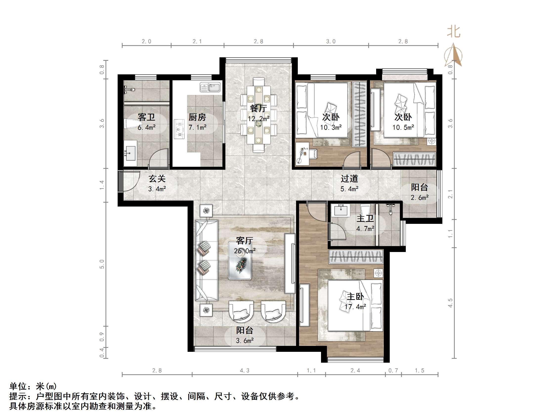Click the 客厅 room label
pyautogui.click(x=244, y=240)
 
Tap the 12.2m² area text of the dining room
pyautogui.click(x=258, y=119)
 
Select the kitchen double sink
pyautogui.click(x=210, y=88)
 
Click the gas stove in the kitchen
pyautogui.click(x=179, y=129)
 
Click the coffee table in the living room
pyautogui.click(x=240, y=260)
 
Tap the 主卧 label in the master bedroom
pyautogui.click(x=355, y=296)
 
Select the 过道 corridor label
pyautogui.click(x=349, y=179)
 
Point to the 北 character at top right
pyautogui.click(x=453, y=32)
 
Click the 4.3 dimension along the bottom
pyautogui.click(x=245, y=371)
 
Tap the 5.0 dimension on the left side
pyautogui.click(x=102, y=264)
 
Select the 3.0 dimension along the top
pyautogui.click(x=331, y=42)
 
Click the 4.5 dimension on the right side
pyautogui.click(x=450, y=303)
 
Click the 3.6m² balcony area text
pyautogui.click(x=245, y=341)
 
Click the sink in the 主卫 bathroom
pyautogui.click(x=341, y=210)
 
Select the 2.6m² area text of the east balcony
pyautogui.click(x=419, y=197)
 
